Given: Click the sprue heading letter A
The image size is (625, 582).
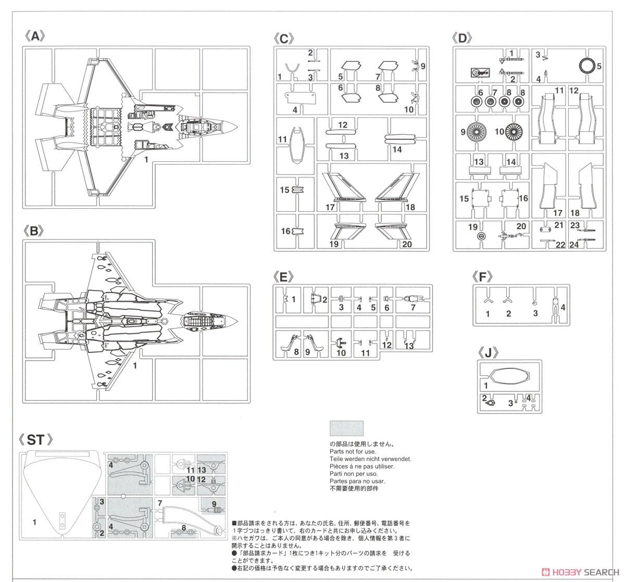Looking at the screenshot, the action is (35, 36).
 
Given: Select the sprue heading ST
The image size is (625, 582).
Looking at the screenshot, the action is (35, 440).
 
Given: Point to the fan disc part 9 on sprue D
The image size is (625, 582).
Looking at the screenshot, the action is (477, 132).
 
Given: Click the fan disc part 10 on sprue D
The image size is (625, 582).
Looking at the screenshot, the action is (514, 132).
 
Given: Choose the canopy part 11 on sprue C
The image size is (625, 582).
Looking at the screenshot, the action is (297, 145).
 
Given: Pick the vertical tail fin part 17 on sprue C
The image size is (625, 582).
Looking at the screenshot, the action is (344, 187).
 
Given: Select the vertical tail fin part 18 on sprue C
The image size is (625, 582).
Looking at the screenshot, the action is (397, 187).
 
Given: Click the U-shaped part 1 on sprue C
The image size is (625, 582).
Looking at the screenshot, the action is (292, 68).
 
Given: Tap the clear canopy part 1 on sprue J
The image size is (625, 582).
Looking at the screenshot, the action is (509, 376).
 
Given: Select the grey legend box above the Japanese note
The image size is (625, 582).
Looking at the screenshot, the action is (346, 428).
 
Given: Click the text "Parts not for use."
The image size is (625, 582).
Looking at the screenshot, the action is (353, 451).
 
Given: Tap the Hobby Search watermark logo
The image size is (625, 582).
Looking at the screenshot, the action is (580, 572).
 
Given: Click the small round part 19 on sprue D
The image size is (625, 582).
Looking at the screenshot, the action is (481, 236).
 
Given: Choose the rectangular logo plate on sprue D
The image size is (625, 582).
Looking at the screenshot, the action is (480, 73).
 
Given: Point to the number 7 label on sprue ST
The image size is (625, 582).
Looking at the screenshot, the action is (160, 503).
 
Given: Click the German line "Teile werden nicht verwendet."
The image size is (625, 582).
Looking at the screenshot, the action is (370, 459).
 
